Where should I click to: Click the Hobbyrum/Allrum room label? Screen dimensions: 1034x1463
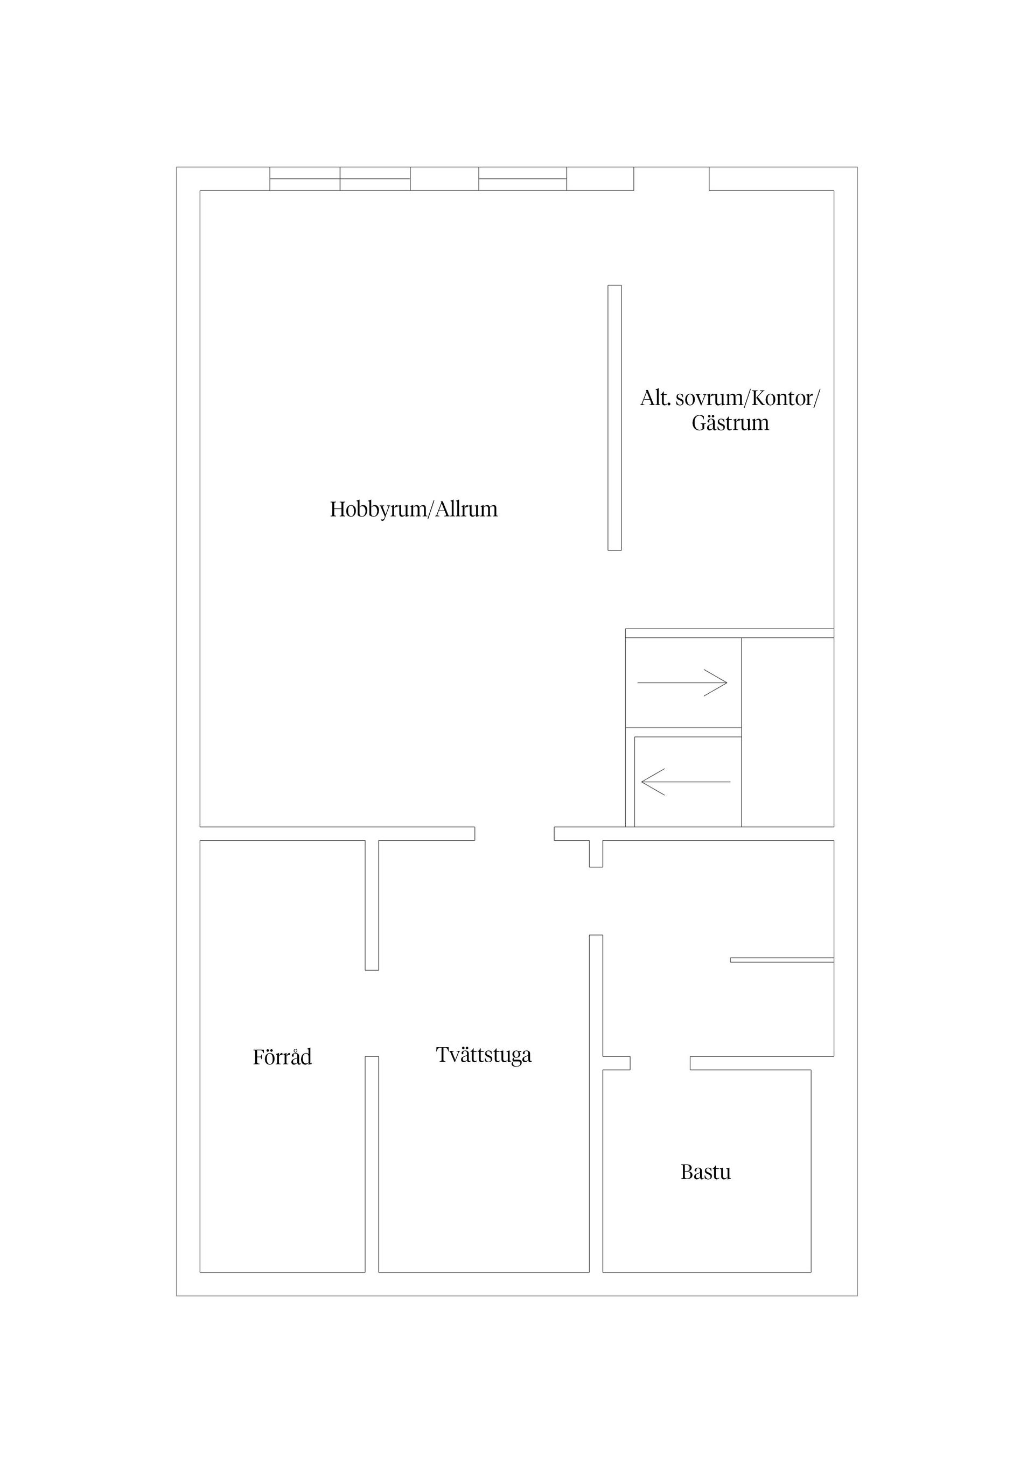click(x=414, y=510)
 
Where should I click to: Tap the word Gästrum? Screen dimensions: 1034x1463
click(x=730, y=423)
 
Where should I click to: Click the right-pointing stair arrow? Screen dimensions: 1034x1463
click(x=682, y=682)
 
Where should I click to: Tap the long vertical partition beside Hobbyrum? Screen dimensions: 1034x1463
click(x=614, y=417)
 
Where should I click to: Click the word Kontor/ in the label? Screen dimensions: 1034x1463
click(x=786, y=398)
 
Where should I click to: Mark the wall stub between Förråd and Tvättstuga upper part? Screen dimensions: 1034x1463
click(x=372, y=905)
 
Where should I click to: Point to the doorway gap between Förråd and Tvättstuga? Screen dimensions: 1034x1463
click(x=372, y=1013)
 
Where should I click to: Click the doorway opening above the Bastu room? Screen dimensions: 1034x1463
click(x=660, y=1063)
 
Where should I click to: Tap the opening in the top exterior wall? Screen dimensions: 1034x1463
click(x=672, y=178)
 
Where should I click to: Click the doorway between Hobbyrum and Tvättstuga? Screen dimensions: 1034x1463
click(x=514, y=833)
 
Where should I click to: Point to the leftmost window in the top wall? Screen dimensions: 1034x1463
click(x=304, y=178)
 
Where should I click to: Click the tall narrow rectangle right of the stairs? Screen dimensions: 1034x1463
click(x=787, y=732)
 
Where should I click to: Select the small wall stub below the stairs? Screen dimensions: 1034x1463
click(x=596, y=854)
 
